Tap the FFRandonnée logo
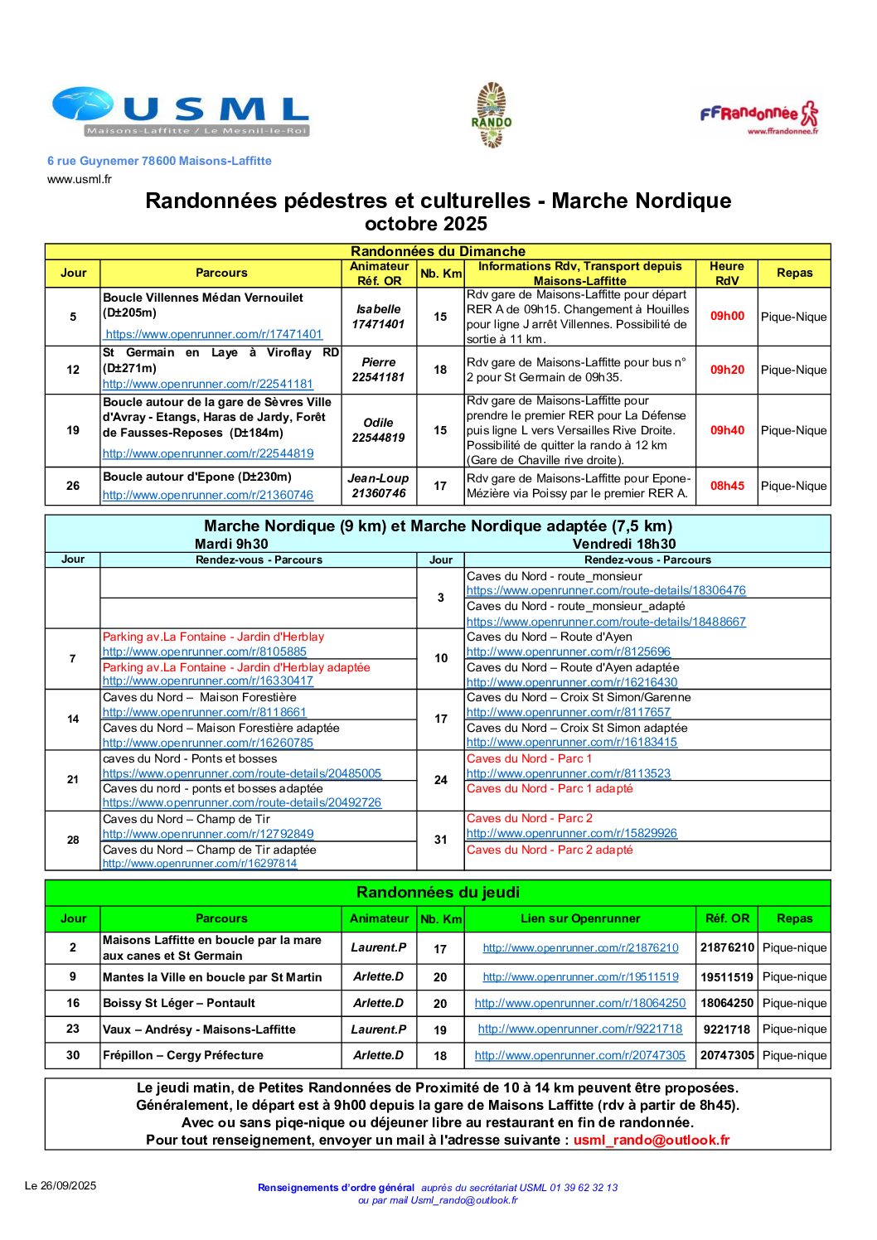pos(758,117)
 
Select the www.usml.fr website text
pos(80,179)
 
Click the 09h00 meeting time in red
pos(727,316)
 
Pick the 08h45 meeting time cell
pos(727,486)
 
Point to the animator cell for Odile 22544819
pos(378,430)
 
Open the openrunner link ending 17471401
pos(214,334)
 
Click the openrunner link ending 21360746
pos(208,495)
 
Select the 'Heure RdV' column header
pos(727,274)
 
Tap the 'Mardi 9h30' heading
pos(231,544)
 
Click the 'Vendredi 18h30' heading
pos(624,544)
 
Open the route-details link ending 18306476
pos(606,591)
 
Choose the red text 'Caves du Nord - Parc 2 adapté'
pos(550,850)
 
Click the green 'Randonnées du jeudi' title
pos(438,893)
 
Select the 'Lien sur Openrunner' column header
pos(580,918)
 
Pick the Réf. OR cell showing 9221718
pos(727,1029)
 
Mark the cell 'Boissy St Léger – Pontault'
pos(179,1003)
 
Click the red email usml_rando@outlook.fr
pos(652,1140)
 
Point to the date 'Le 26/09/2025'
pos(61,1185)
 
